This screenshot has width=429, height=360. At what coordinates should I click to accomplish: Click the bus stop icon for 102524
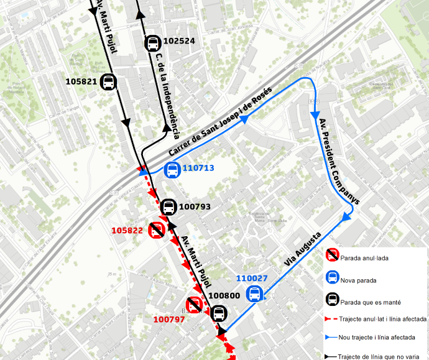click(x=152, y=44)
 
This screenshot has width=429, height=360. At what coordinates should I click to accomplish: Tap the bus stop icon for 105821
click(x=109, y=82)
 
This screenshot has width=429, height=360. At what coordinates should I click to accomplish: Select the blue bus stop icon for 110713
click(x=172, y=169)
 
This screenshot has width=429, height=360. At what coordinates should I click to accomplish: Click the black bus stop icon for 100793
click(x=168, y=207)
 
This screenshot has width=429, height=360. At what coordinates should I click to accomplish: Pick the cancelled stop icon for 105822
click(x=157, y=230)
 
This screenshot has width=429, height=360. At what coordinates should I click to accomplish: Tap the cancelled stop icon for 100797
click(x=194, y=305)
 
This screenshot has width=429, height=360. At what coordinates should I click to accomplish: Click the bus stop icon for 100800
click(x=218, y=314)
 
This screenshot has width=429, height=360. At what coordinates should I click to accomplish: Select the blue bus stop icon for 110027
click(x=255, y=294)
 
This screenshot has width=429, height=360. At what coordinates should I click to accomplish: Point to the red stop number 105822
click(x=128, y=230)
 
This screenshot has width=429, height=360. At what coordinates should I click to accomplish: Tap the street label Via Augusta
click(x=303, y=249)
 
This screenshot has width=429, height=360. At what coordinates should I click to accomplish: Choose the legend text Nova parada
click(x=358, y=281)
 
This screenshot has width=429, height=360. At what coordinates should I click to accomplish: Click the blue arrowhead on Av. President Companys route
click(x=315, y=116)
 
